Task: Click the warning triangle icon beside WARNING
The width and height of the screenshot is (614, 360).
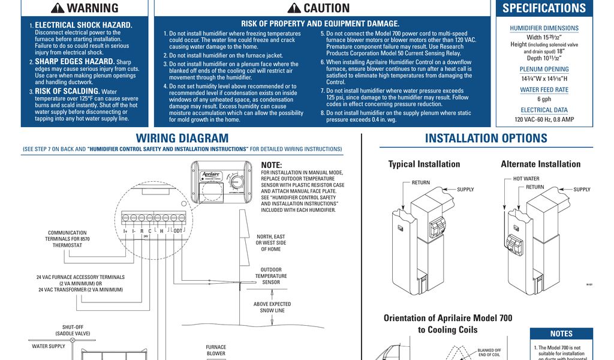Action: (x=58, y=8)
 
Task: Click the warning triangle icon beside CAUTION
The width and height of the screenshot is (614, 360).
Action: (x=294, y=8)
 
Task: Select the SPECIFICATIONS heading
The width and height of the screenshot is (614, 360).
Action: (x=544, y=8)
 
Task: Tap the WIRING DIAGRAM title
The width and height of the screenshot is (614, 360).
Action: (x=182, y=139)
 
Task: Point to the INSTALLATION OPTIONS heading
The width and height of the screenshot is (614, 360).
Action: (x=486, y=139)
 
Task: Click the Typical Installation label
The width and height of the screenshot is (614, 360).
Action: (x=424, y=164)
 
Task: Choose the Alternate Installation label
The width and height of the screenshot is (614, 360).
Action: (x=540, y=164)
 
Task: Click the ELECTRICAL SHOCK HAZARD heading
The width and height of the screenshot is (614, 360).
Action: (x=83, y=25)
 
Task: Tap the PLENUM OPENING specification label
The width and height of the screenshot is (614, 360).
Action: (x=544, y=70)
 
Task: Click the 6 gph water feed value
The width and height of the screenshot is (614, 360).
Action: (x=544, y=99)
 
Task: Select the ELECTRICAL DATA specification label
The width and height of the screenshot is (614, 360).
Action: (x=544, y=110)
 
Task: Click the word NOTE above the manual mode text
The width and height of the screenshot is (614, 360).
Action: (x=271, y=165)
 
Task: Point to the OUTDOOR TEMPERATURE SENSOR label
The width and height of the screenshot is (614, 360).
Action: (x=271, y=276)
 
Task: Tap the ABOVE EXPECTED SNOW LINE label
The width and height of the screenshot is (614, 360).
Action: (x=272, y=307)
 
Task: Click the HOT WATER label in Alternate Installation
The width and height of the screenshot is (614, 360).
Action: (x=526, y=179)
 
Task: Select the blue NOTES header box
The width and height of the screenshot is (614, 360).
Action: (x=561, y=334)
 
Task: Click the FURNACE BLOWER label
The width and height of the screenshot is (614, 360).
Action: (x=216, y=350)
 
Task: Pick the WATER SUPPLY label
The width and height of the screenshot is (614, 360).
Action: (x=49, y=346)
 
